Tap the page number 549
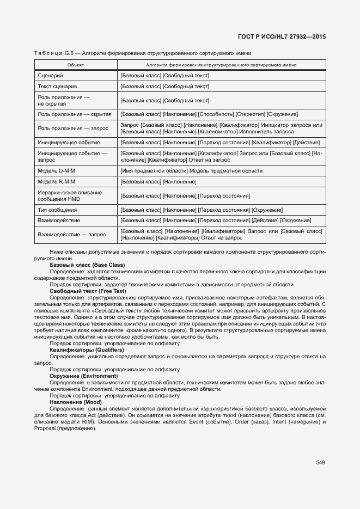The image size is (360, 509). [320, 463]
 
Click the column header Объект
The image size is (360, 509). [75, 65]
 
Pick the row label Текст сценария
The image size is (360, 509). [57, 86]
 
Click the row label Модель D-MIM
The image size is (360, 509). [56, 171]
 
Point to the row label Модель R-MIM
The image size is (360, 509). [56, 181]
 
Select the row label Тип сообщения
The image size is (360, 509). [57, 210]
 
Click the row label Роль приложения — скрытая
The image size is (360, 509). [75, 114]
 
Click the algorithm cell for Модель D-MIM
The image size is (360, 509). [191, 171]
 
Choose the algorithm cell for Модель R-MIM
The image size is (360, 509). [158, 181]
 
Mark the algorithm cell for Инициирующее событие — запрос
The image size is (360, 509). [222, 157]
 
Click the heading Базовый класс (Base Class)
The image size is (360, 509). [87, 265]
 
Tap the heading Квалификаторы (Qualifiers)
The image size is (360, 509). [87, 350]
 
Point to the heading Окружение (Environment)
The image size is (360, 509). [83, 376]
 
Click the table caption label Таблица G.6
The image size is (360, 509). [53, 53]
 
